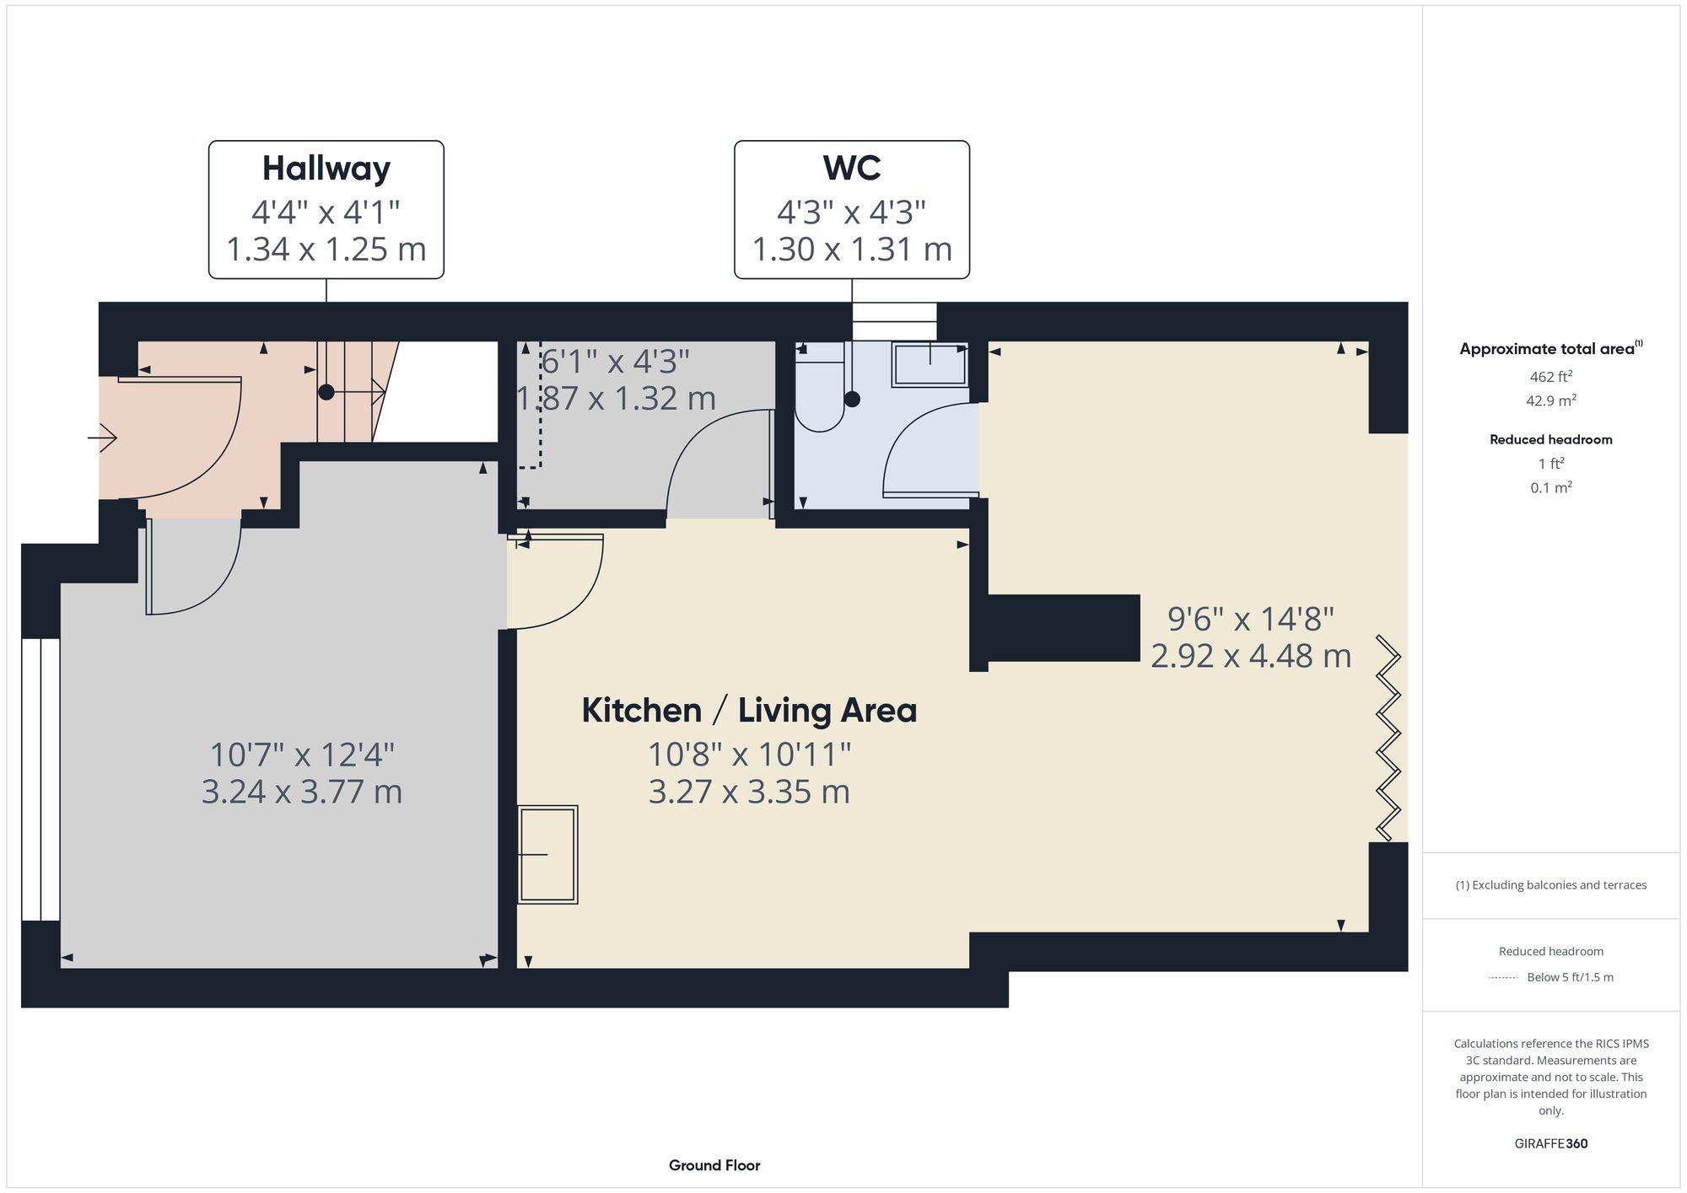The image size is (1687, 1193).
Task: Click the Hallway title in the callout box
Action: [x=326, y=169]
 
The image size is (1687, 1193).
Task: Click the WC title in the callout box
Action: [x=851, y=169]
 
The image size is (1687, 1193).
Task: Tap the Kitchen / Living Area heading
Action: [x=749, y=711]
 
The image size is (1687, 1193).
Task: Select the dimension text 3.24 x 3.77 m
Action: [x=301, y=792]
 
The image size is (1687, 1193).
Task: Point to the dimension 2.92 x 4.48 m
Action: [x=1251, y=656]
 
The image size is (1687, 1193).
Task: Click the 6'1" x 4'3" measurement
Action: [x=615, y=362]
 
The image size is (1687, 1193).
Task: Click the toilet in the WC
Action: [x=818, y=396]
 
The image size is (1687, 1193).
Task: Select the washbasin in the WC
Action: [x=930, y=365]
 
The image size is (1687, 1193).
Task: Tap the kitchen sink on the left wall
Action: [x=547, y=855]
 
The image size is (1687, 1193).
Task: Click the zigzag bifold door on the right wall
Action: [x=1388, y=738]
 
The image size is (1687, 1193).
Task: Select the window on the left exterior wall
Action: [x=40, y=779]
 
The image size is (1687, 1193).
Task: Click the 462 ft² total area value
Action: [x=1550, y=377]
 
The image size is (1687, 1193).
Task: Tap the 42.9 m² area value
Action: [x=1550, y=401]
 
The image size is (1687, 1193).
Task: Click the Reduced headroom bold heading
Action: [x=1550, y=439]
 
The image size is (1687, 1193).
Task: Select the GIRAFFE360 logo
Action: [x=1550, y=1143]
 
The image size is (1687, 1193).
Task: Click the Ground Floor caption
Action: [x=714, y=1165]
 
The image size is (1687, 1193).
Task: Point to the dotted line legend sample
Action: [x=1503, y=978]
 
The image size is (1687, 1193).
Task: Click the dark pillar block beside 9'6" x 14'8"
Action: [x=1063, y=627]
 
